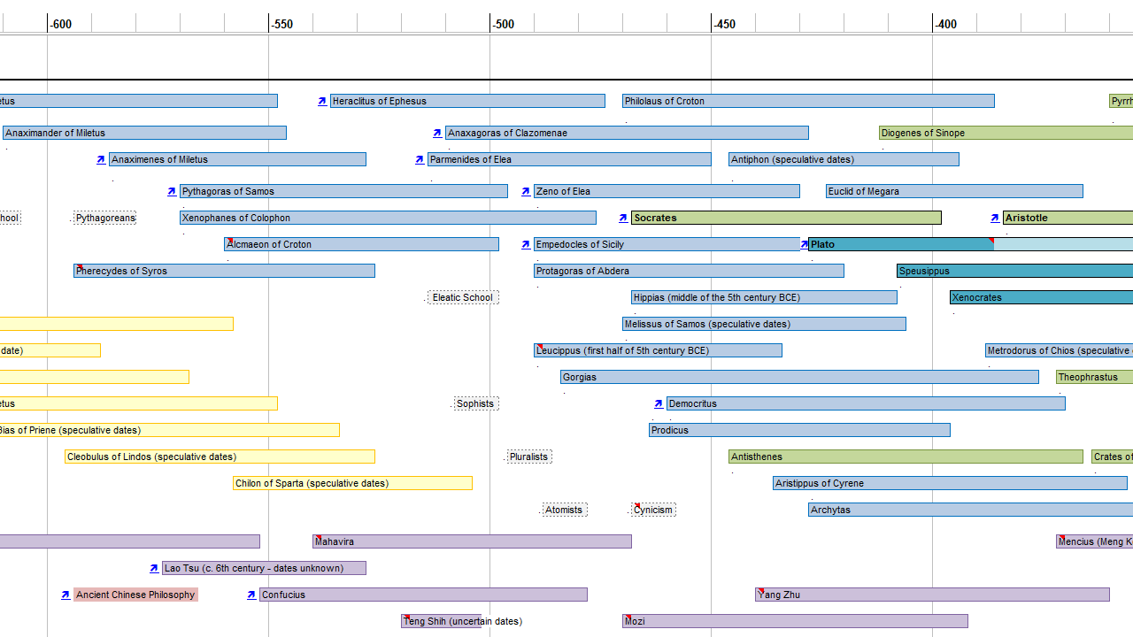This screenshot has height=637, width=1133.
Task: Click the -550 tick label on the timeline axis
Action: tap(283, 24)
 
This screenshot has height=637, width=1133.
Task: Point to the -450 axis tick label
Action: tap(726, 24)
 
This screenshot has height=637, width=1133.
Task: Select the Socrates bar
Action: tap(785, 218)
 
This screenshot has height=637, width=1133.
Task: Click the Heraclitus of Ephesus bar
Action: tap(467, 101)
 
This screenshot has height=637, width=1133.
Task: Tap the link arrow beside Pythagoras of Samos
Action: tap(172, 191)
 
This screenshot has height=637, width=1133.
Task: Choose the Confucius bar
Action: tap(423, 595)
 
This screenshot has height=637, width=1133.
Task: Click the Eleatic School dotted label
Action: tap(462, 297)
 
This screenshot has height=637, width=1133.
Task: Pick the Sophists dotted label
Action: tap(475, 403)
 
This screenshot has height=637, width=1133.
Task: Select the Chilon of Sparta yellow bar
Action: tap(352, 483)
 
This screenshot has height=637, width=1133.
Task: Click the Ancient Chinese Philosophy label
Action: tap(135, 595)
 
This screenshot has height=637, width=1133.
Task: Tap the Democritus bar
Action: tap(866, 403)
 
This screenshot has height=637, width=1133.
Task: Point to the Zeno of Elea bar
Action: tap(667, 191)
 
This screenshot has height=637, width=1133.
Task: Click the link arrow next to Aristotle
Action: tap(995, 218)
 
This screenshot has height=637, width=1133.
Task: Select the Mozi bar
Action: tap(795, 621)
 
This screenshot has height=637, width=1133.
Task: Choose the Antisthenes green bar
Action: tap(906, 457)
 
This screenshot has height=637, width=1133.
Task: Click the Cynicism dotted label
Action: tap(653, 510)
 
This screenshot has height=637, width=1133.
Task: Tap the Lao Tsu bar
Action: tap(264, 568)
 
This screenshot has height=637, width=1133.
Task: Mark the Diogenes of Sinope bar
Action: tap(1006, 133)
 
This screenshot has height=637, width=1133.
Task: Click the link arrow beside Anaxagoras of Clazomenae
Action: tap(437, 133)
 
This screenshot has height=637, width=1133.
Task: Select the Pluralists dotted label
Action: tap(529, 457)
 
